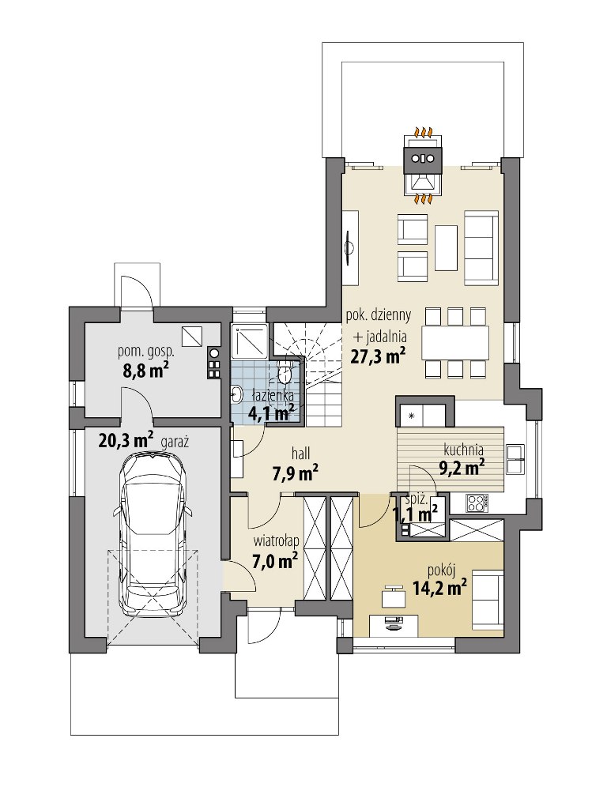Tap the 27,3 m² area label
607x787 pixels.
(x=377, y=357)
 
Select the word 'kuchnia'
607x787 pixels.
(x=463, y=450)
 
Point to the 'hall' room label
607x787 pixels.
(x=301, y=454)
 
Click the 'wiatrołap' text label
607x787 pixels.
(x=276, y=541)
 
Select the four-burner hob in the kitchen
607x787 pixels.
(x=477, y=503)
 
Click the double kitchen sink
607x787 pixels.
(x=515, y=459)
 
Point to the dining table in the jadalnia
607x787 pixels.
(x=455, y=342)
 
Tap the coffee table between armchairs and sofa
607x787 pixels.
(x=446, y=247)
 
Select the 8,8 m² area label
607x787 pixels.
(x=145, y=371)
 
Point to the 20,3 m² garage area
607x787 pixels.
(x=126, y=441)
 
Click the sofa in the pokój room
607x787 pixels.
(x=487, y=600)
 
